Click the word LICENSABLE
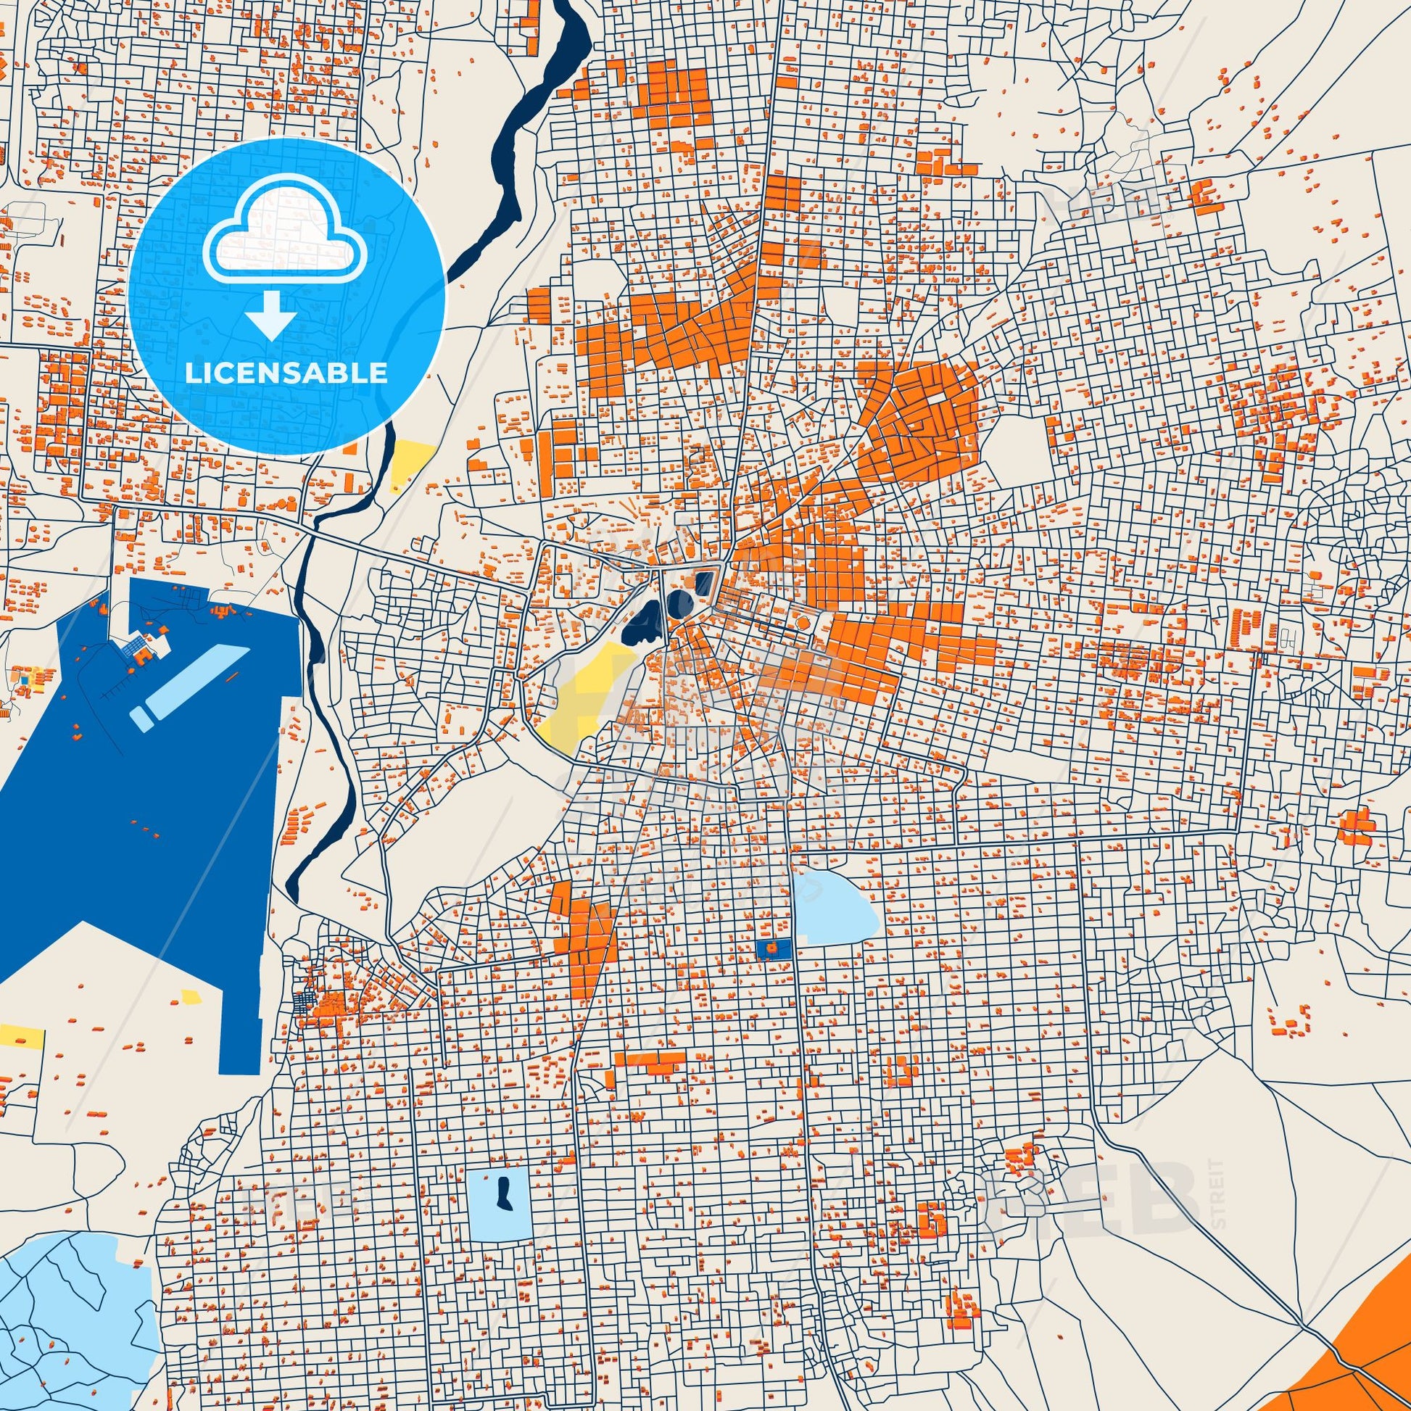point(286,373)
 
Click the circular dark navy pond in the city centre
point(675,607)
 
